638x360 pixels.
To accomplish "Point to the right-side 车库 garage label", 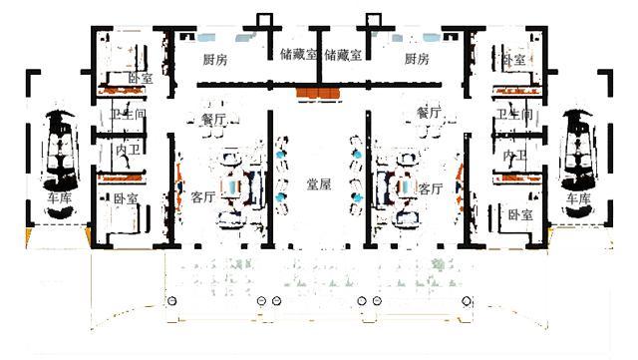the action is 578,199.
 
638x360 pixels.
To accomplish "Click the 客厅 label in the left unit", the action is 202,196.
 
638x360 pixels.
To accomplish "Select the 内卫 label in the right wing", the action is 515,157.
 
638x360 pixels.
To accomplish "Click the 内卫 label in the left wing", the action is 128,152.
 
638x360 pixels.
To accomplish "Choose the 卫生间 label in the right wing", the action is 516,116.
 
